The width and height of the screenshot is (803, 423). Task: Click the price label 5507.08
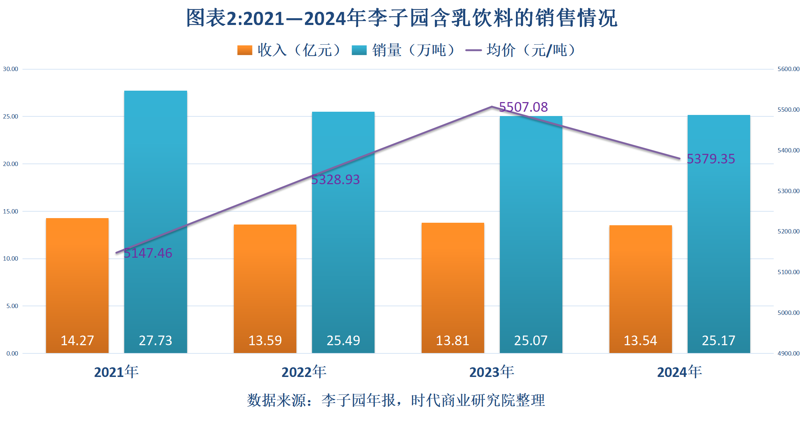click(x=523, y=107)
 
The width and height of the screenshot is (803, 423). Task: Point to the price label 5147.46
click(x=148, y=253)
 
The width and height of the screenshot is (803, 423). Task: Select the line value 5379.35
click(x=711, y=159)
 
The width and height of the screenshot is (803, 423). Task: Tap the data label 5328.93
click(x=335, y=180)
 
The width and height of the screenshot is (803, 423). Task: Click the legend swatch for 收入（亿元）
click(x=245, y=50)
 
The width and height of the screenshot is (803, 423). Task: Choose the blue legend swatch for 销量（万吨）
click(x=359, y=50)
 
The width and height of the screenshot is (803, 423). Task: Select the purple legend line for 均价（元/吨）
click(x=473, y=50)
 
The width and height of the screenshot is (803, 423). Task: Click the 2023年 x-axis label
click(x=491, y=372)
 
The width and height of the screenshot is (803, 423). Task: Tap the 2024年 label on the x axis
click(x=679, y=372)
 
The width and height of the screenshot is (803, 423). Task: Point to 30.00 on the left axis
click(x=11, y=69)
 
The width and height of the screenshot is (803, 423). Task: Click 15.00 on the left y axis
click(x=11, y=211)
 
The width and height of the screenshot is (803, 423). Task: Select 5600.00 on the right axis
click(x=788, y=69)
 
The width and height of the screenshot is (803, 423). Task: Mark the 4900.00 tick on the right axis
click(x=788, y=353)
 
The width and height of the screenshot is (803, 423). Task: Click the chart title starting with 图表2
click(x=401, y=18)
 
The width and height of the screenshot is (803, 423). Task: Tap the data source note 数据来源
click(x=396, y=400)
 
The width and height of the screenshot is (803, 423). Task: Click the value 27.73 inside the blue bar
click(x=155, y=340)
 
